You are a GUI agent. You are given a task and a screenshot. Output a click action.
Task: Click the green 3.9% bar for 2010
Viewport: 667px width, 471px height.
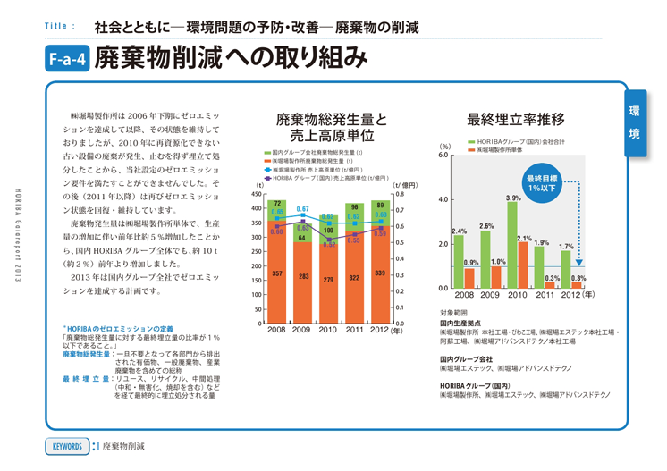[x=512, y=246]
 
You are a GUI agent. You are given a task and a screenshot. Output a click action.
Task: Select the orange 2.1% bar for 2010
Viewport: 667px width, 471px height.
[x=524, y=265]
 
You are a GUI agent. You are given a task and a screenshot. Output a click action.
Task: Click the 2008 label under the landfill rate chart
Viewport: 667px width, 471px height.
[x=463, y=295]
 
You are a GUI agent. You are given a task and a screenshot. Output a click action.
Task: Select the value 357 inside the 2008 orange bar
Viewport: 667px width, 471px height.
[x=278, y=273]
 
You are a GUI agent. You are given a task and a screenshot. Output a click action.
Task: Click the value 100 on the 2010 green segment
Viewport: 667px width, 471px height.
[x=329, y=230]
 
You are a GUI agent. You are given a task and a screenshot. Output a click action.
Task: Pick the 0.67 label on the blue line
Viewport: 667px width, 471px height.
[x=302, y=208]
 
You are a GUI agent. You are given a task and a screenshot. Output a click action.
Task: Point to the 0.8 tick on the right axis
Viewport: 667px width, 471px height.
[x=400, y=194]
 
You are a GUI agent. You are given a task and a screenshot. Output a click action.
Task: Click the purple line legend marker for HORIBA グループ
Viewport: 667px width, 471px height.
[x=267, y=177]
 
